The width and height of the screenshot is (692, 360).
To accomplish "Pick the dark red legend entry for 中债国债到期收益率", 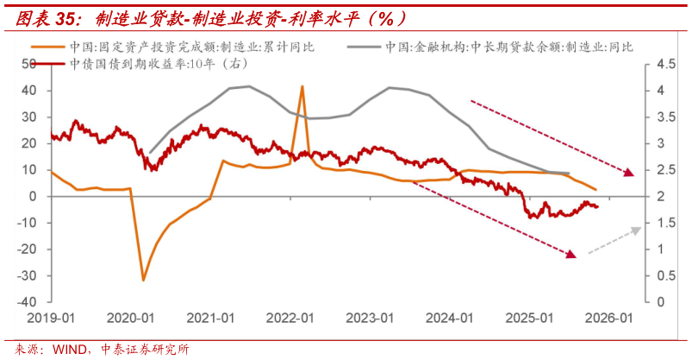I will coord(138,64).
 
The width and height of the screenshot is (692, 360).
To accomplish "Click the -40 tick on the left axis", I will coord(28,302).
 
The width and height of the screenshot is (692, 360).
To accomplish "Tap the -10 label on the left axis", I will coord(28,223).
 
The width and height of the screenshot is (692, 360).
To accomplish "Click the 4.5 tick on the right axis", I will coord(666,64).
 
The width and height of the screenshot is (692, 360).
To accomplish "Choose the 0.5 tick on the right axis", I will coord(666,276).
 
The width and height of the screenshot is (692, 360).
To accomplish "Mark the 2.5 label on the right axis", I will coord(666,170).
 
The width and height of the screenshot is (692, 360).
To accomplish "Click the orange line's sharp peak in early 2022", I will coord(302,86).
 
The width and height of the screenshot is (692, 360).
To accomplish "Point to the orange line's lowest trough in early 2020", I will coord(143,280).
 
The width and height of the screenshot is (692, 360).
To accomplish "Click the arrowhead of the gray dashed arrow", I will coord(639,229).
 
